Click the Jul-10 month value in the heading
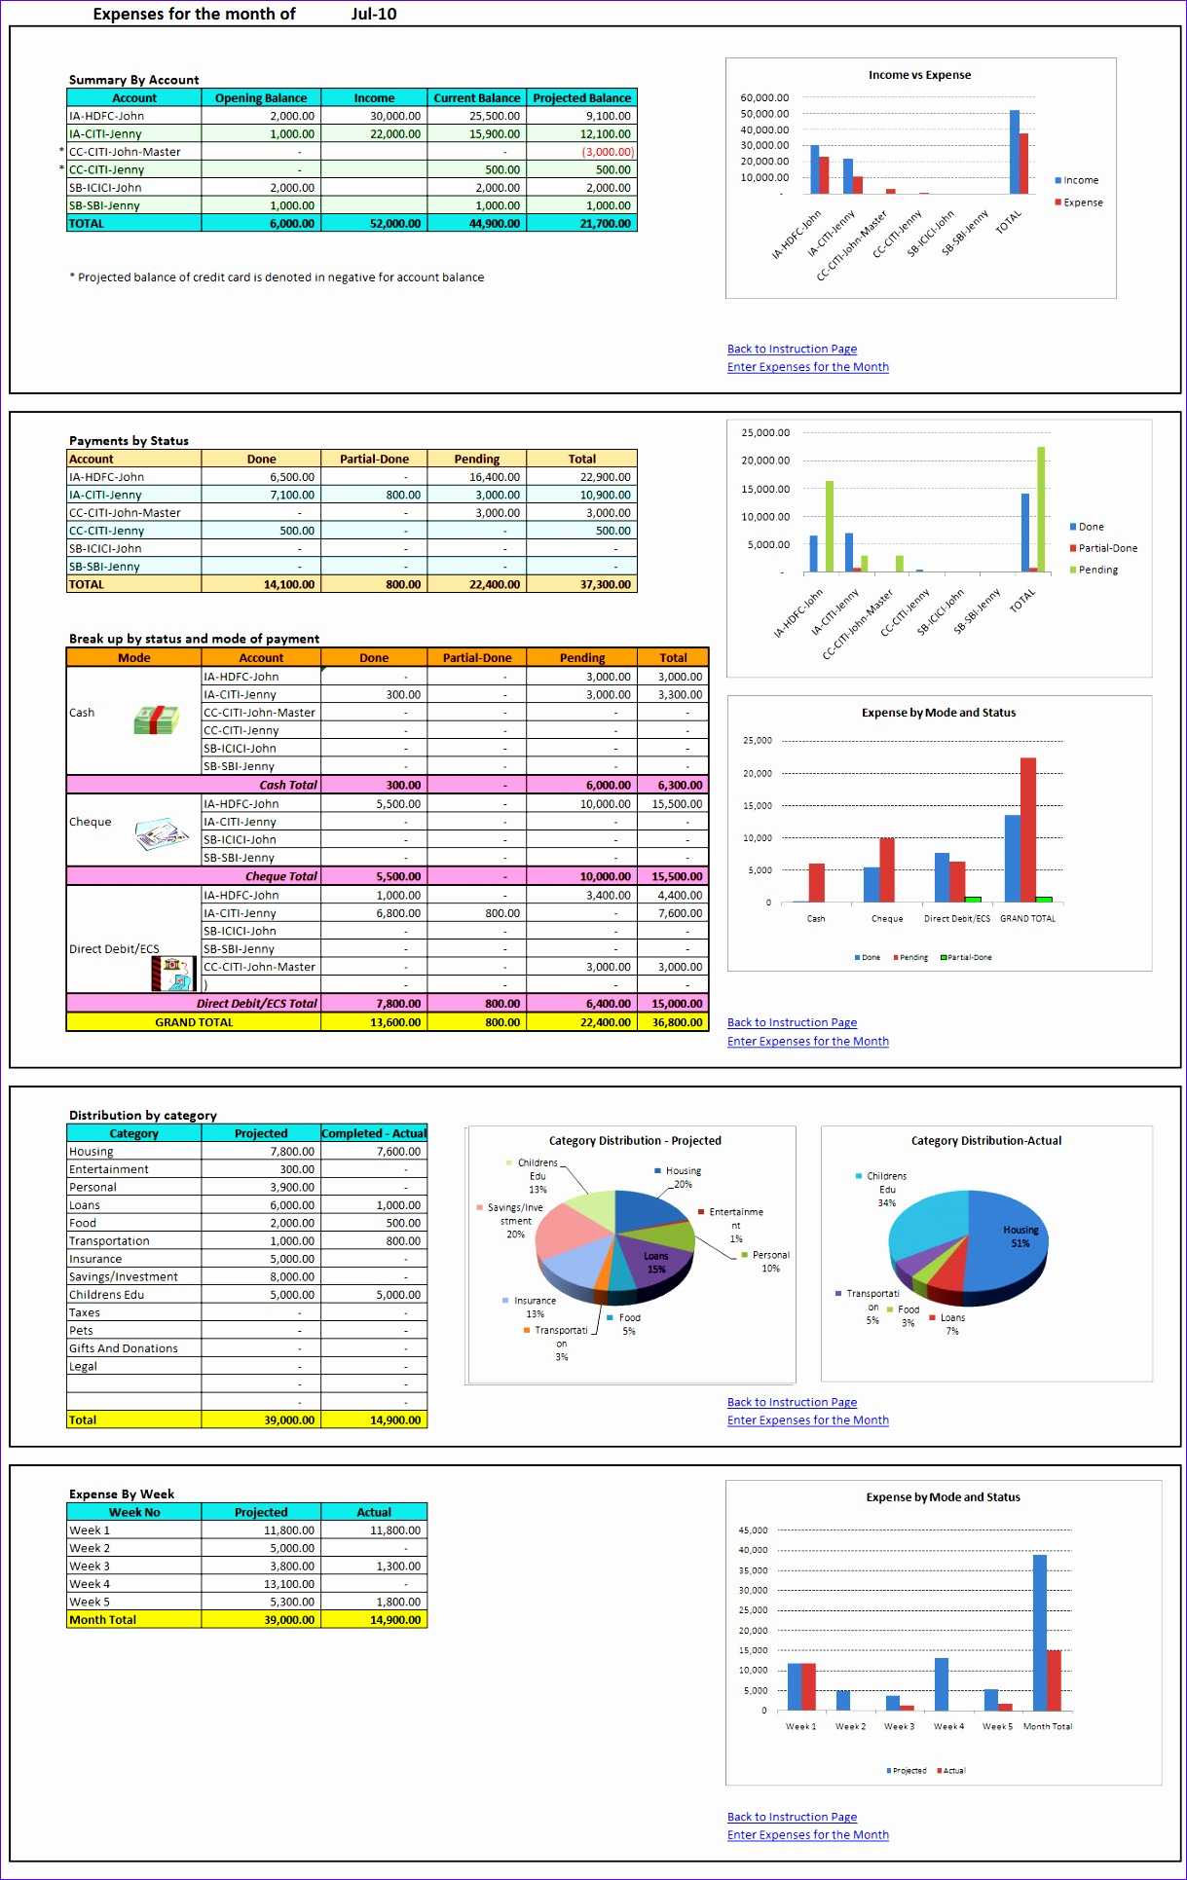[x=374, y=14]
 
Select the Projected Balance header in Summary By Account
[x=581, y=97]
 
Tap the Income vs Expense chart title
[x=919, y=75]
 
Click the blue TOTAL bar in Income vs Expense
[x=1014, y=152]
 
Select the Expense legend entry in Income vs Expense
[x=1082, y=203]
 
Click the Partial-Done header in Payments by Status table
[x=374, y=459]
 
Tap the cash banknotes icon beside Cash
[x=156, y=719]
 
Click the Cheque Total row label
[x=281, y=876]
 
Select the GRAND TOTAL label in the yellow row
[x=194, y=1022]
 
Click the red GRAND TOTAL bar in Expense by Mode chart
[x=1027, y=829]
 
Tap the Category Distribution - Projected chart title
[x=635, y=1140]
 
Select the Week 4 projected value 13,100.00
[x=289, y=1584]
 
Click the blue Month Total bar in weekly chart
[x=1039, y=1632]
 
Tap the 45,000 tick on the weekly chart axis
[x=753, y=1530]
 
